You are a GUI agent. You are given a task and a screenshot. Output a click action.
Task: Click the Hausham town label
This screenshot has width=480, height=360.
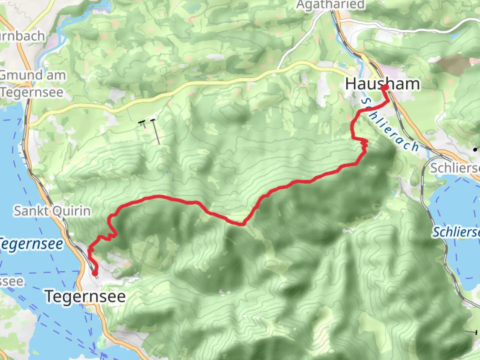click(382, 84)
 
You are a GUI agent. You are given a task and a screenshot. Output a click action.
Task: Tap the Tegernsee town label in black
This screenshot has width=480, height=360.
click(85, 296)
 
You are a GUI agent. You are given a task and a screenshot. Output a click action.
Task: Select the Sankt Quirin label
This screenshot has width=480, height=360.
click(52, 211)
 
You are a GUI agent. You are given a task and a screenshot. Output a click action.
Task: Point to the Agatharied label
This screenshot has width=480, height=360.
click(330, 5)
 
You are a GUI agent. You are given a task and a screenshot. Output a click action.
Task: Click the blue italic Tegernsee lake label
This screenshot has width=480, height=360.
click(31, 244)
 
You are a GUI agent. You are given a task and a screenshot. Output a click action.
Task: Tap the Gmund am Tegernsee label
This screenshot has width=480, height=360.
click(32, 84)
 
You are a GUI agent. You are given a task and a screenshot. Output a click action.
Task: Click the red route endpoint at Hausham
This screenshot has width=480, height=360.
click(385, 88)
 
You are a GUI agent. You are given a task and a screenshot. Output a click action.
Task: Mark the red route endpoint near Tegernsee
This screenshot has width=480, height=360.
click(95, 274)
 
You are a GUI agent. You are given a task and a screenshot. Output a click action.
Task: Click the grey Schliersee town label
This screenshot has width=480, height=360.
click(455, 168)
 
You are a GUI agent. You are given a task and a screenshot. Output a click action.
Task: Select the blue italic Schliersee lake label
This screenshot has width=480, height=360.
click(456, 232)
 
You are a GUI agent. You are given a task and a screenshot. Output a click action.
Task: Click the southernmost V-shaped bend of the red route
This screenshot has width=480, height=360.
click(243, 224)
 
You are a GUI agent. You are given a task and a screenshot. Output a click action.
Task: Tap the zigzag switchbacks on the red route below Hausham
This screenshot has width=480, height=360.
click(364, 145)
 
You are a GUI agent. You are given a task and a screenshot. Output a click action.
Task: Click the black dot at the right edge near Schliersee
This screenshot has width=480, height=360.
click(475, 150)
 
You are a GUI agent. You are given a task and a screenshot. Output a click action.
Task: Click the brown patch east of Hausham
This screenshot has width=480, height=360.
click(453, 63)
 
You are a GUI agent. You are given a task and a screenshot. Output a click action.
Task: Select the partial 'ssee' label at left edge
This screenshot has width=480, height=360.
click(11, 282)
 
